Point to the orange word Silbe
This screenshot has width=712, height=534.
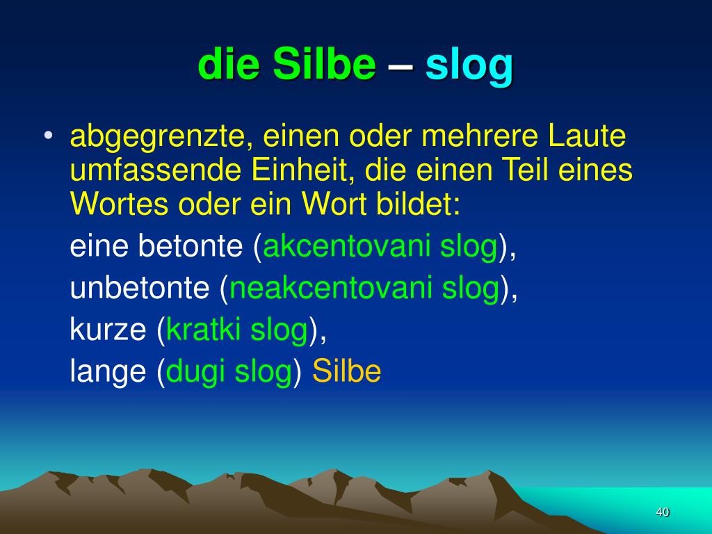coord(347,372)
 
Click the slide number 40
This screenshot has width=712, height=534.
coord(662,512)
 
